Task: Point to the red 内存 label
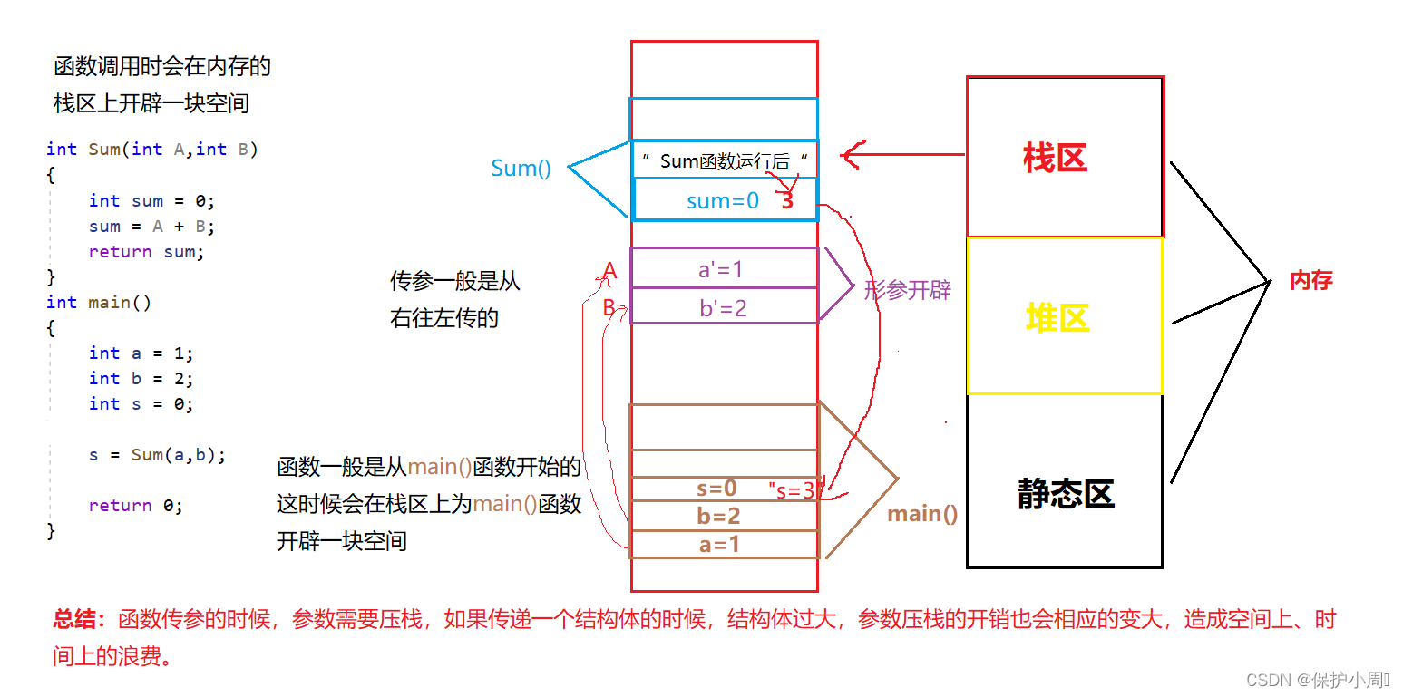[1310, 280]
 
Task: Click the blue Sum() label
[521, 168]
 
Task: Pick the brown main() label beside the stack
[922, 514]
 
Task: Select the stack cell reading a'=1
[723, 269]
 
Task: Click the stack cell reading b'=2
[723, 308]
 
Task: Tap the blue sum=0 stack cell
[723, 200]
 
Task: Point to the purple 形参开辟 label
[907, 290]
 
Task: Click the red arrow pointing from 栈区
[902, 155]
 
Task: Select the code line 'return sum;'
[146, 252]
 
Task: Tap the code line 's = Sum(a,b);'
[157, 454]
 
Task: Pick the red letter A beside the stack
[610, 270]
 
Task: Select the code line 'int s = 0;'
[141, 403]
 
